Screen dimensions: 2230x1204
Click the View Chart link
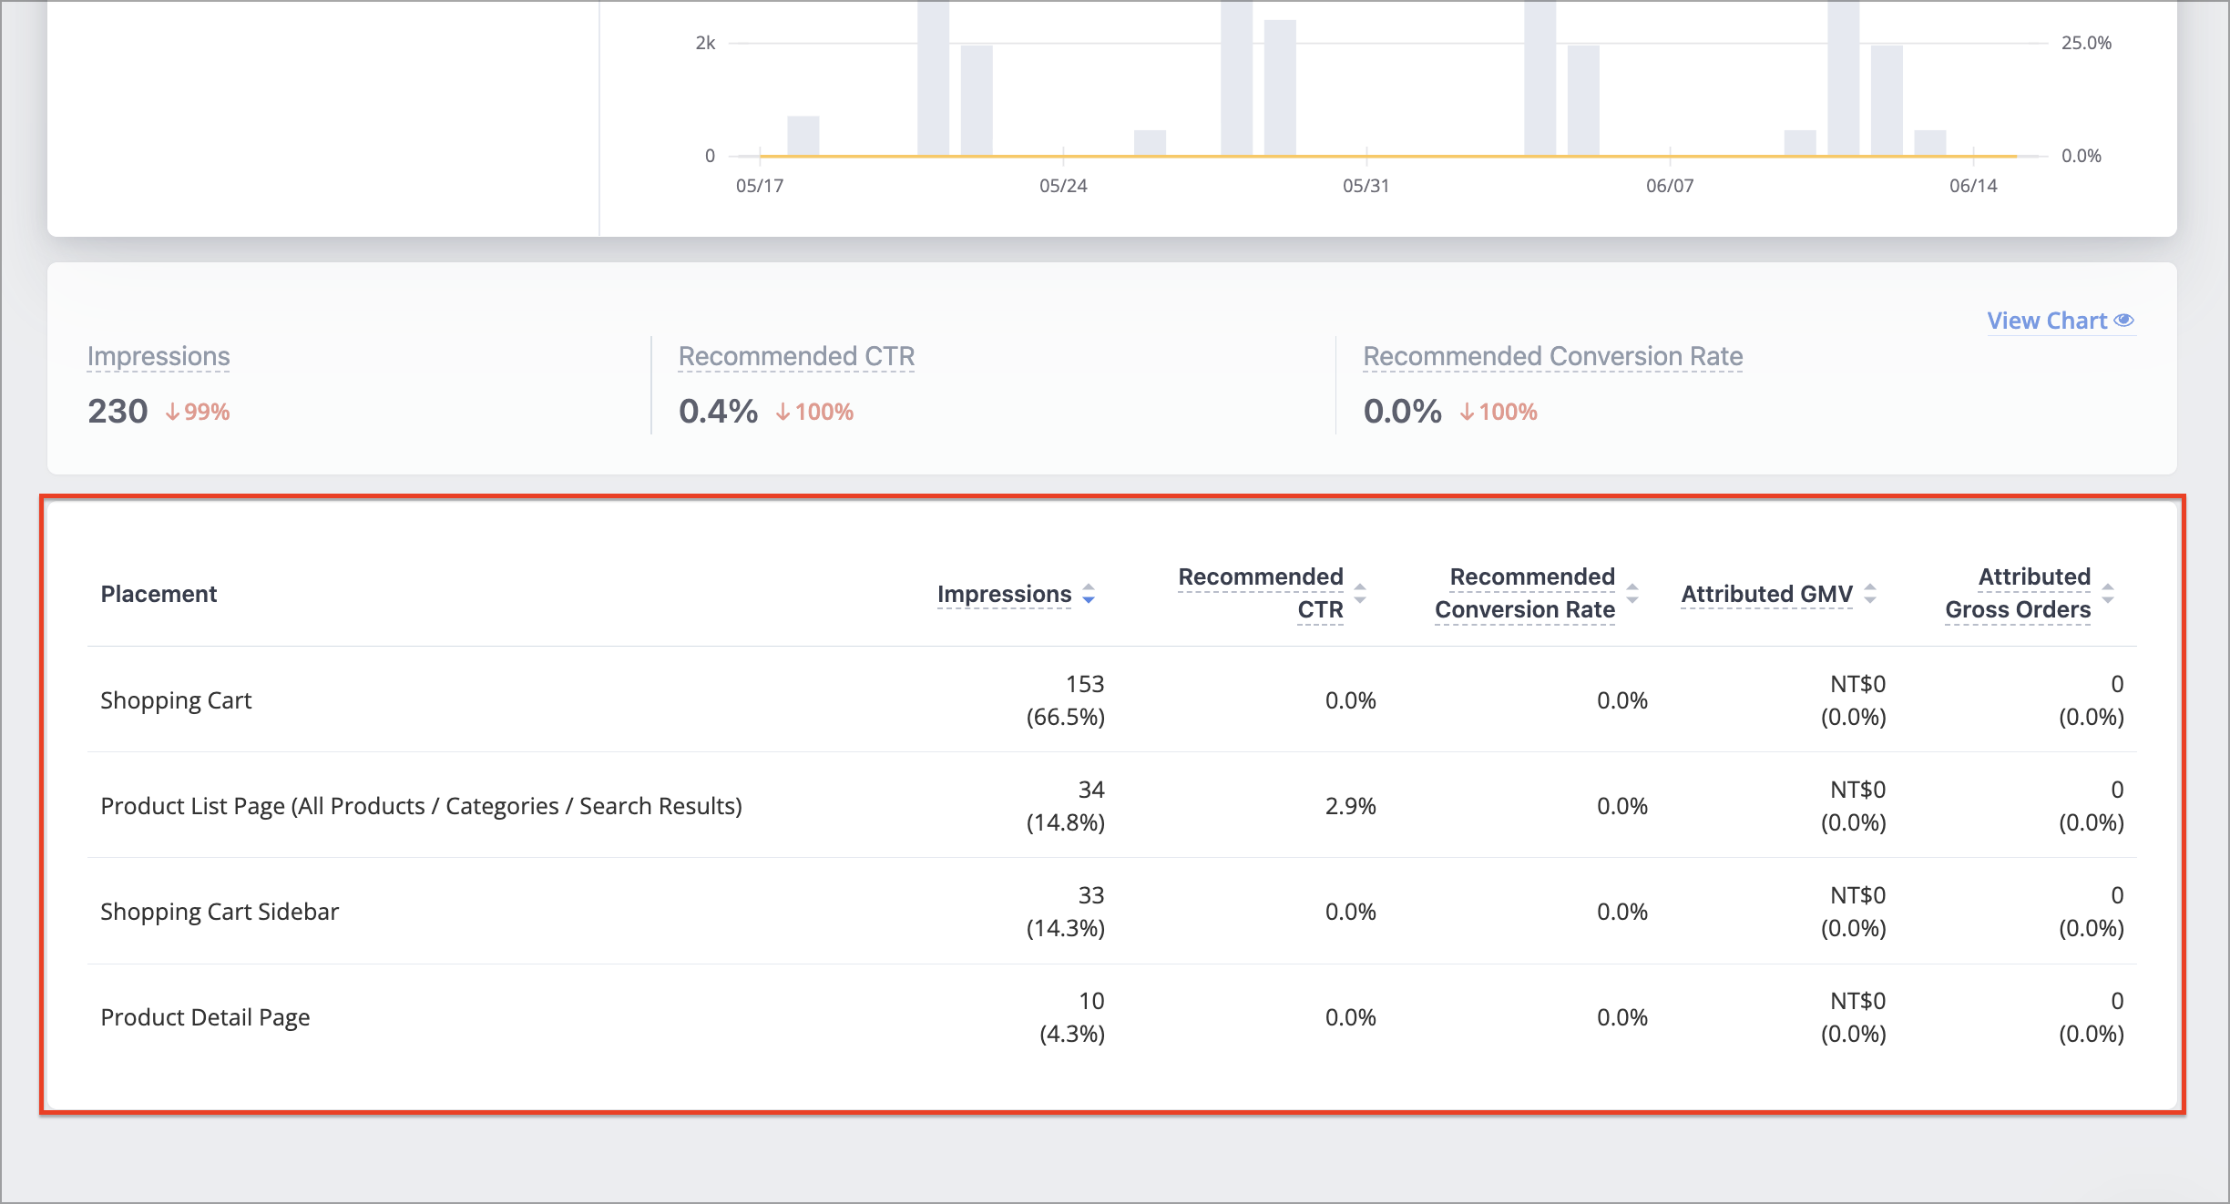pos(2061,321)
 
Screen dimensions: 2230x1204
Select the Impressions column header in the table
pos(1004,594)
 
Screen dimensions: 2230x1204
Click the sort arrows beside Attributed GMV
pos(1870,594)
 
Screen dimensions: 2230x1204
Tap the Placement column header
pos(159,594)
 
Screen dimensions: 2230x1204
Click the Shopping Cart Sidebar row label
pos(220,912)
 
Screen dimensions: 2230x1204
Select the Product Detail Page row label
pos(205,1017)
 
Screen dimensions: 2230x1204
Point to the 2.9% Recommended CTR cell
pos(1350,806)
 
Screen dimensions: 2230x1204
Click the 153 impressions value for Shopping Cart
pos(1085,684)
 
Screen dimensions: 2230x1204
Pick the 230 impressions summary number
pos(118,411)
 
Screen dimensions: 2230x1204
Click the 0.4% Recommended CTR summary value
pos(718,411)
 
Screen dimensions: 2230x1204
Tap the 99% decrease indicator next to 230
pos(198,413)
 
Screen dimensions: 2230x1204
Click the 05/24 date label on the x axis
pos(1063,186)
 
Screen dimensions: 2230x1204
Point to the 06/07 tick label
pos(1670,186)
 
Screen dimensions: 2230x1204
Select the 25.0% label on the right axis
pos(2086,43)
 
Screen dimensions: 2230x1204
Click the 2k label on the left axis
pos(705,43)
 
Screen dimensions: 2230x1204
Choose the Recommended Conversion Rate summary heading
pos(1553,356)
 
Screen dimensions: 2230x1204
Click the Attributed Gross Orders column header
pos(2018,593)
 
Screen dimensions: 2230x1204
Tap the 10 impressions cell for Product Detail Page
pos(1091,1001)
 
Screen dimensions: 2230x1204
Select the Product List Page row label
pos(421,806)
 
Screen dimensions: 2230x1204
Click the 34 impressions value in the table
pos(1091,790)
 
